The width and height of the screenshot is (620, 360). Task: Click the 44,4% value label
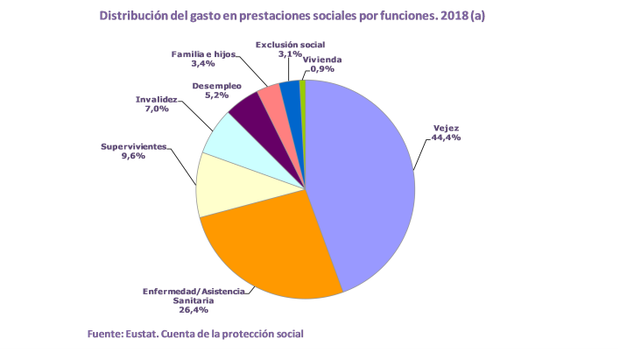tap(447, 138)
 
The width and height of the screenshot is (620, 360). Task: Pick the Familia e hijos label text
tap(203, 54)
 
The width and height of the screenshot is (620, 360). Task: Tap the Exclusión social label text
tap(290, 44)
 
